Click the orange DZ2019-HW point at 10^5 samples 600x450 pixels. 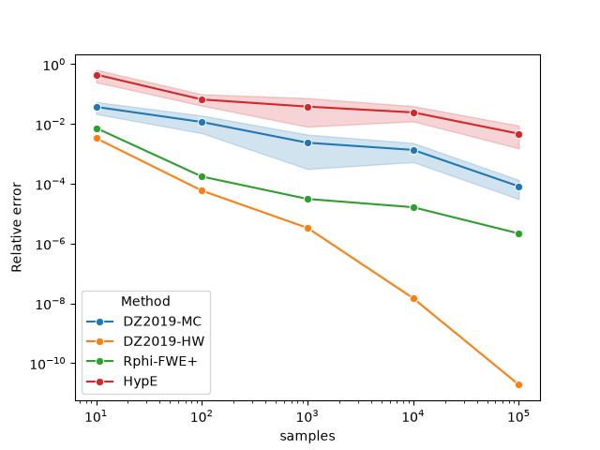[518, 384]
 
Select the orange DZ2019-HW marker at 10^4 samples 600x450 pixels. [413, 298]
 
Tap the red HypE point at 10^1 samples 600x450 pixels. [97, 75]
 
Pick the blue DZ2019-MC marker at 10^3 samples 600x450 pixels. [307, 142]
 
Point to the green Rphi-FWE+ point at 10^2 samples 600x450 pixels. [202, 176]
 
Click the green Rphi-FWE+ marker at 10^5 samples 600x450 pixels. [518, 233]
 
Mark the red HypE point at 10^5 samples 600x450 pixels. [518, 134]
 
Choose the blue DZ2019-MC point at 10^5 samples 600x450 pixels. [518, 187]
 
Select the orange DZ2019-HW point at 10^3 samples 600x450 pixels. [307, 228]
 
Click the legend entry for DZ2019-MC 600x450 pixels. [143, 322]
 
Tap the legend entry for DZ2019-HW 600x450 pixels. [145, 341]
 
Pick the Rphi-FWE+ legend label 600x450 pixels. [160, 361]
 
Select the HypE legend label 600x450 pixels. [141, 382]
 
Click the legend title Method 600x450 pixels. [145, 301]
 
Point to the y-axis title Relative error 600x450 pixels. [17, 227]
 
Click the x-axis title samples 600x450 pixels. [307, 436]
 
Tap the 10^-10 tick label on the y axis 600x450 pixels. [48, 364]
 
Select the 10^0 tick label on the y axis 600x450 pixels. [54, 65]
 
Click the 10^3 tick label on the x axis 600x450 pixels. [307, 416]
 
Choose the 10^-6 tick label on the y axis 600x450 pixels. [51, 244]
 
